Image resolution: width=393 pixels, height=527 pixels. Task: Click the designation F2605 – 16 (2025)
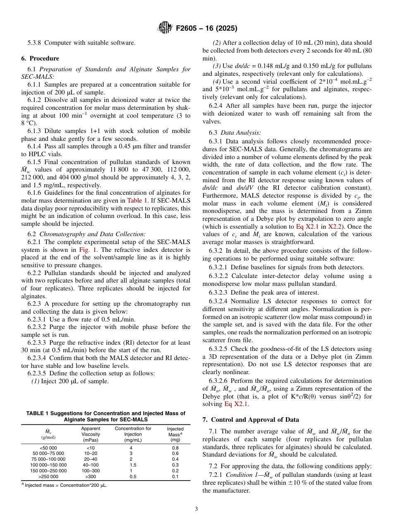206,29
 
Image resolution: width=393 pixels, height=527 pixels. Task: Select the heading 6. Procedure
40,58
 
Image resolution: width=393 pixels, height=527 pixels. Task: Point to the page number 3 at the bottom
196,509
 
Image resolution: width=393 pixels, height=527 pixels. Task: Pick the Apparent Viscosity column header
90,434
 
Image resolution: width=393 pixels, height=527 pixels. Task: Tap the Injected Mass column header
175,434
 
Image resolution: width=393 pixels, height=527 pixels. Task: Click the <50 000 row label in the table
48,448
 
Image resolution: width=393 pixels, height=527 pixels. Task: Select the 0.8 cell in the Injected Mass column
175,448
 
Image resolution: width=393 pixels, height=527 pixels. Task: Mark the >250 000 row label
48,477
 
